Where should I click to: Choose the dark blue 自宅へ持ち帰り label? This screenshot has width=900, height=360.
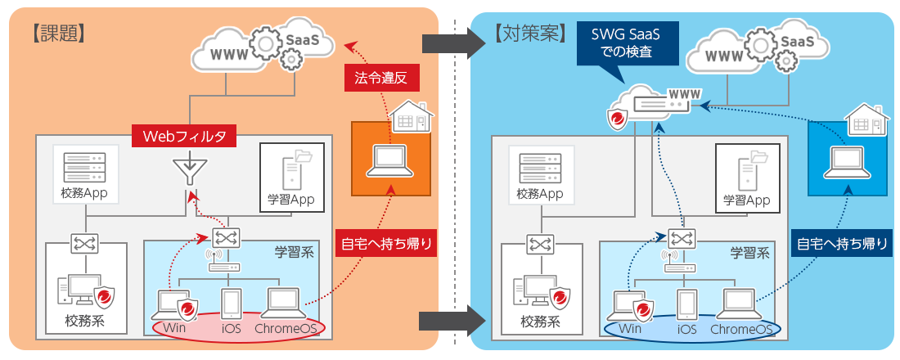click(x=842, y=243)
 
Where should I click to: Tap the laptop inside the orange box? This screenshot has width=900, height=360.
click(x=391, y=160)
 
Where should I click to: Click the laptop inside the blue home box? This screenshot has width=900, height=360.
click(x=847, y=160)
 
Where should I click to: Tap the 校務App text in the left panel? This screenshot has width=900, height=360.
click(x=84, y=195)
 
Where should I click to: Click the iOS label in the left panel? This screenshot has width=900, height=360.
click(x=231, y=329)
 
